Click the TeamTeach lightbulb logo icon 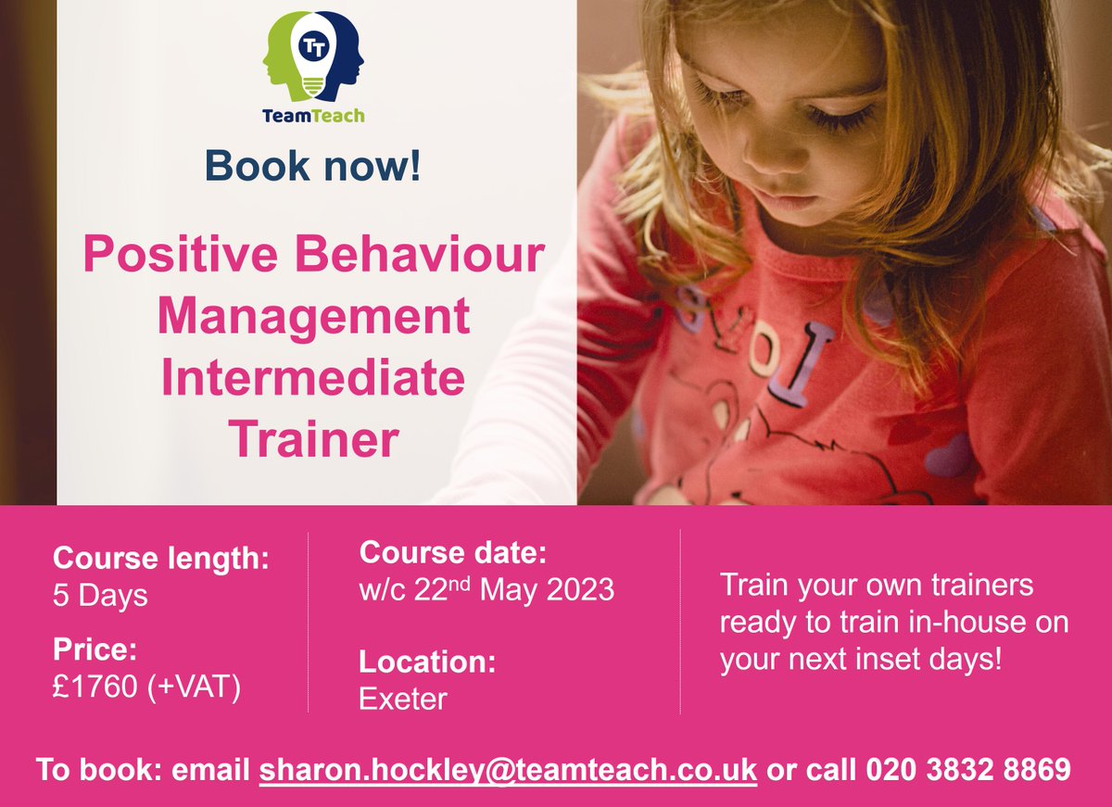tap(313, 60)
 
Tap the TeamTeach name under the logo tap(313, 116)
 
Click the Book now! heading tap(313, 165)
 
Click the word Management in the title tap(313, 317)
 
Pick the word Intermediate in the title tap(313, 378)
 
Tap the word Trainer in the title tap(313, 439)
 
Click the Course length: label tap(161, 559)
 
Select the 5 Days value tap(100, 595)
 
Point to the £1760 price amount tap(95, 688)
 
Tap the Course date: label tap(453, 554)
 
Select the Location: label tap(427, 662)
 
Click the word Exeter tap(402, 699)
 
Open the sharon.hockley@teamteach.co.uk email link tap(508, 770)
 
